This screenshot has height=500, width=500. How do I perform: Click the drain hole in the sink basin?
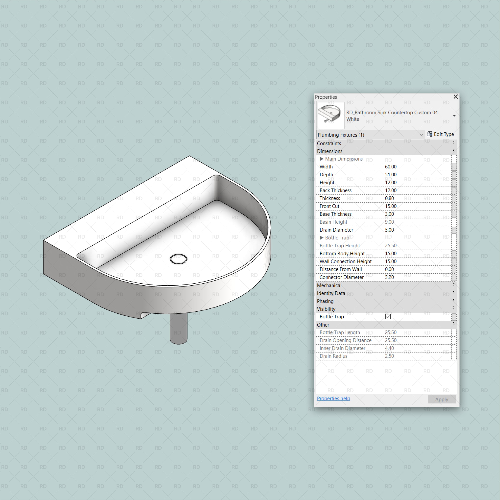pyautogui.click(x=178, y=259)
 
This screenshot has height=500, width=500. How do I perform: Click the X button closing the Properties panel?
pyautogui.click(x=455, y=97)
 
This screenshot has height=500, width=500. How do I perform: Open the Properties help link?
pyautogui.click(x=333, y=399)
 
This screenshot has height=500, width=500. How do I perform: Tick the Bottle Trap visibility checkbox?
pyautogui.click(x=388, y=317)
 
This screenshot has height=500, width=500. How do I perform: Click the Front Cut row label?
pyautogui.click(x=329, y=206)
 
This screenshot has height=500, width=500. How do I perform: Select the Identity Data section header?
pyautogui.click(x=331, y=293)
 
